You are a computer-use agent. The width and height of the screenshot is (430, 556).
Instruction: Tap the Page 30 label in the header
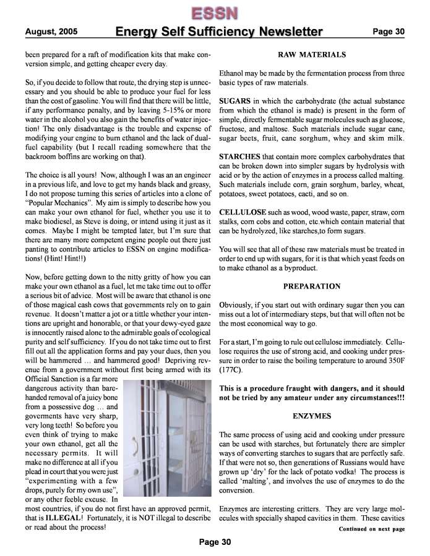pos(388,32)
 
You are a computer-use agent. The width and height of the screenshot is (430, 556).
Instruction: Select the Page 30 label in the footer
pos(214,542)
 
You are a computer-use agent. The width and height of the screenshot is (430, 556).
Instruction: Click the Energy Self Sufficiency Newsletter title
pos(219,32)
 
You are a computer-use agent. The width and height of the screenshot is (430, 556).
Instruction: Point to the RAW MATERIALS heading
pos(312,55)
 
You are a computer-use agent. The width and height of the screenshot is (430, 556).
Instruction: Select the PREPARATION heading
pos(312,287)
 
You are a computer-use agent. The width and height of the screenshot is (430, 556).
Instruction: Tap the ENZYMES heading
pos(312,418)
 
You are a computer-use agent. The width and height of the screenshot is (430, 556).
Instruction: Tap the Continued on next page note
pos(371,529)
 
